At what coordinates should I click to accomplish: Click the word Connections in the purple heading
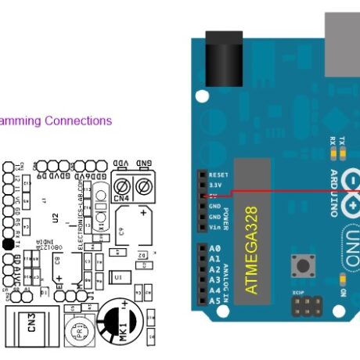click(x=77, y=121)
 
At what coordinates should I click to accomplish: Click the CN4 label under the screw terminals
click(x=121, y=199)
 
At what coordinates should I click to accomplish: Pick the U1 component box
click(x=118, y=277)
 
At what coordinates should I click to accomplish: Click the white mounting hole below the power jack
click(x=203, y=96)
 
